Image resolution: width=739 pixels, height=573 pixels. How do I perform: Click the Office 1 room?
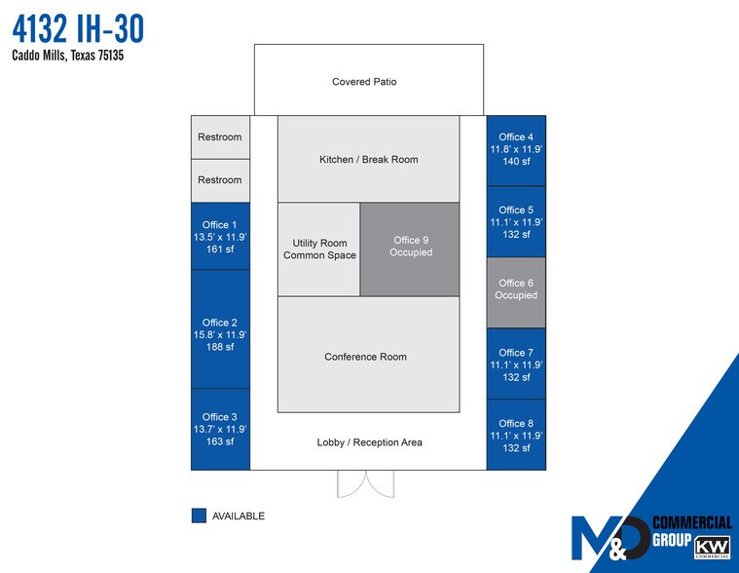(x=220, y=237)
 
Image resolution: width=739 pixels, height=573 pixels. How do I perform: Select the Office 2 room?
(x=220, y=328)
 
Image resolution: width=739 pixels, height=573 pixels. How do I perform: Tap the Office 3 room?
(x=220, y=429)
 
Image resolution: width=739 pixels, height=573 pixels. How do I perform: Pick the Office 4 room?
(x=515, y=150)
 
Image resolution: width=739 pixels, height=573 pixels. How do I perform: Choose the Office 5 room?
(x=515, y=221)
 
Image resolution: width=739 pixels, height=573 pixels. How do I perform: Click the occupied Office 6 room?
(x=515, y=289)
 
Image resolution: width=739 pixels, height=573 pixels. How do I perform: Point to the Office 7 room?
(x=515, y=364)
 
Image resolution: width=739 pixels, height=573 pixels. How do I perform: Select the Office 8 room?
(x=515, y=435)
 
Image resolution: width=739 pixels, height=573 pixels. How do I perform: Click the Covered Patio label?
(x=364, y=82)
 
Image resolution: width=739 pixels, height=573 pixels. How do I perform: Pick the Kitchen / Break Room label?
(x=369, y=159)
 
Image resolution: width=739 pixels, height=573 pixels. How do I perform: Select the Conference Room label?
(x=366, y=357)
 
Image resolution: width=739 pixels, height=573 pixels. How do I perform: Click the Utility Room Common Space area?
(x=319, y=249)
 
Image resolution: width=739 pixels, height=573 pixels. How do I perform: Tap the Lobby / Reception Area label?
(x=370, y=442)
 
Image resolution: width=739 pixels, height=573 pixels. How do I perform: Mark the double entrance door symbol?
(x=363, y=483)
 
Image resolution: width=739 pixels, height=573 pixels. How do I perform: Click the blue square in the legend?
(x=200, y=516)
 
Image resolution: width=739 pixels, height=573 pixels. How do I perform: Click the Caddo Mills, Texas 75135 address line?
(x=68, y=56)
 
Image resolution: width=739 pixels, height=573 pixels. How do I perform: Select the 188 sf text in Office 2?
(x=220, y=347)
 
